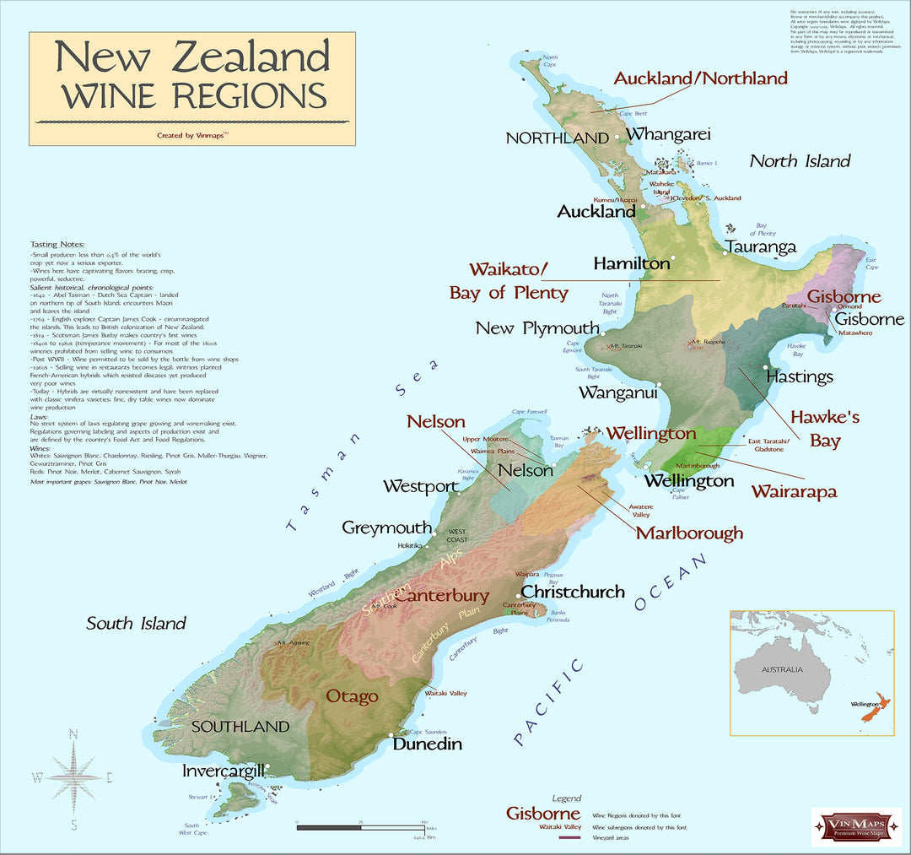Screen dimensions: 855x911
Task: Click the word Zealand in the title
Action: pos(250,57)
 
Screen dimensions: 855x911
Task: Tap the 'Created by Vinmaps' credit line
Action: pos(192,134)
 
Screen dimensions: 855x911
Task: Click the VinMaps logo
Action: pos(856,826)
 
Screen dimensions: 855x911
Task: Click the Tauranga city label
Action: pos(760,247)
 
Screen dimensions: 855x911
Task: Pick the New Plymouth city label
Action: pos(537,327)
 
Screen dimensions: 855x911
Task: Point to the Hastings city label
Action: pos(800,376)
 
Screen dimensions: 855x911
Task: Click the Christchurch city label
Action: pos(573,592)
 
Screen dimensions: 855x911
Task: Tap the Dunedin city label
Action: pos(428,744)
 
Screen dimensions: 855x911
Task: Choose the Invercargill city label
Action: pos(224,771)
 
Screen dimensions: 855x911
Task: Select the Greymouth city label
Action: pos(386,528)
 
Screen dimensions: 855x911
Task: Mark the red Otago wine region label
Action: pos(352,696)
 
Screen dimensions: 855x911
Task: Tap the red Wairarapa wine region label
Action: pos(794,490)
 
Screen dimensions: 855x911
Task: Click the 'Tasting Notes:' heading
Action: pos(55,244)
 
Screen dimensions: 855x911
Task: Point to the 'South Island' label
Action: pos(136,624)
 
